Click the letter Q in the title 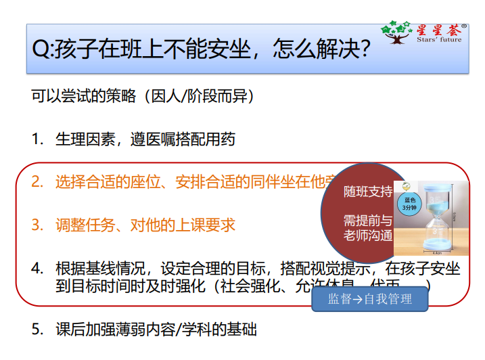coord(41,50)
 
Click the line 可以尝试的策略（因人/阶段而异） coord(143,96)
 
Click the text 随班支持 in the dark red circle coord(368,192)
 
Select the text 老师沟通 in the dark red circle coord(368,235)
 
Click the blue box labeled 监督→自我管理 coord(370,299)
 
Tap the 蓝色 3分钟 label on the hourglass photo coord(410,204)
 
